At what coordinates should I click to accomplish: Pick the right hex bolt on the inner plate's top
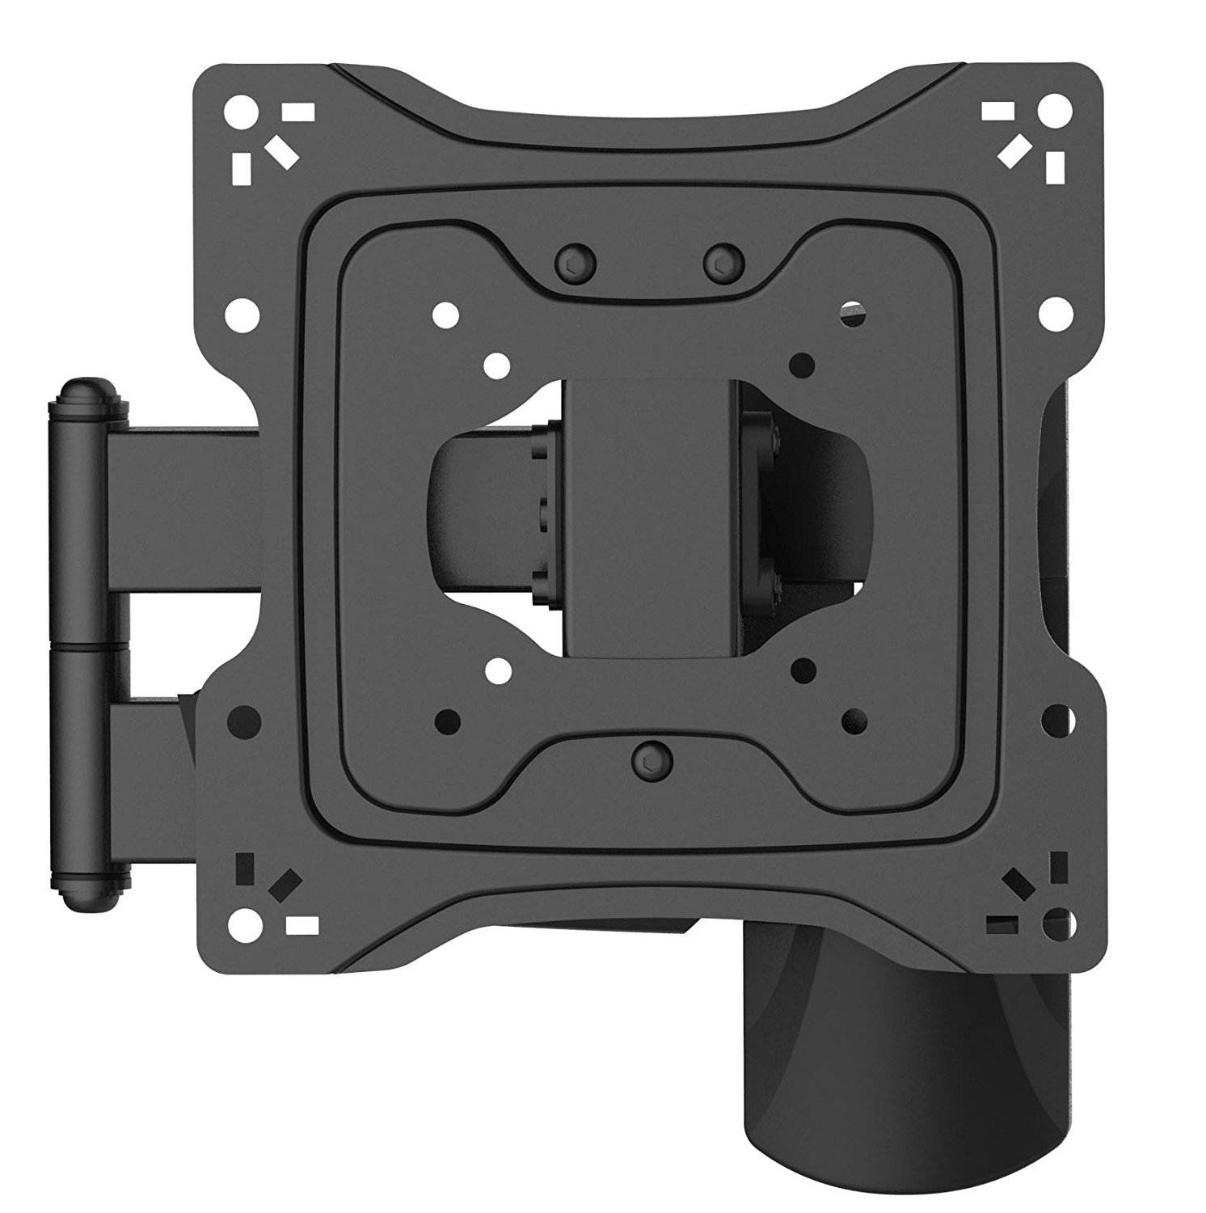(723, 260)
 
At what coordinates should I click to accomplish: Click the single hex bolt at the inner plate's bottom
(649, 759)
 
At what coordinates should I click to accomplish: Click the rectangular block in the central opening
(651, 518)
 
